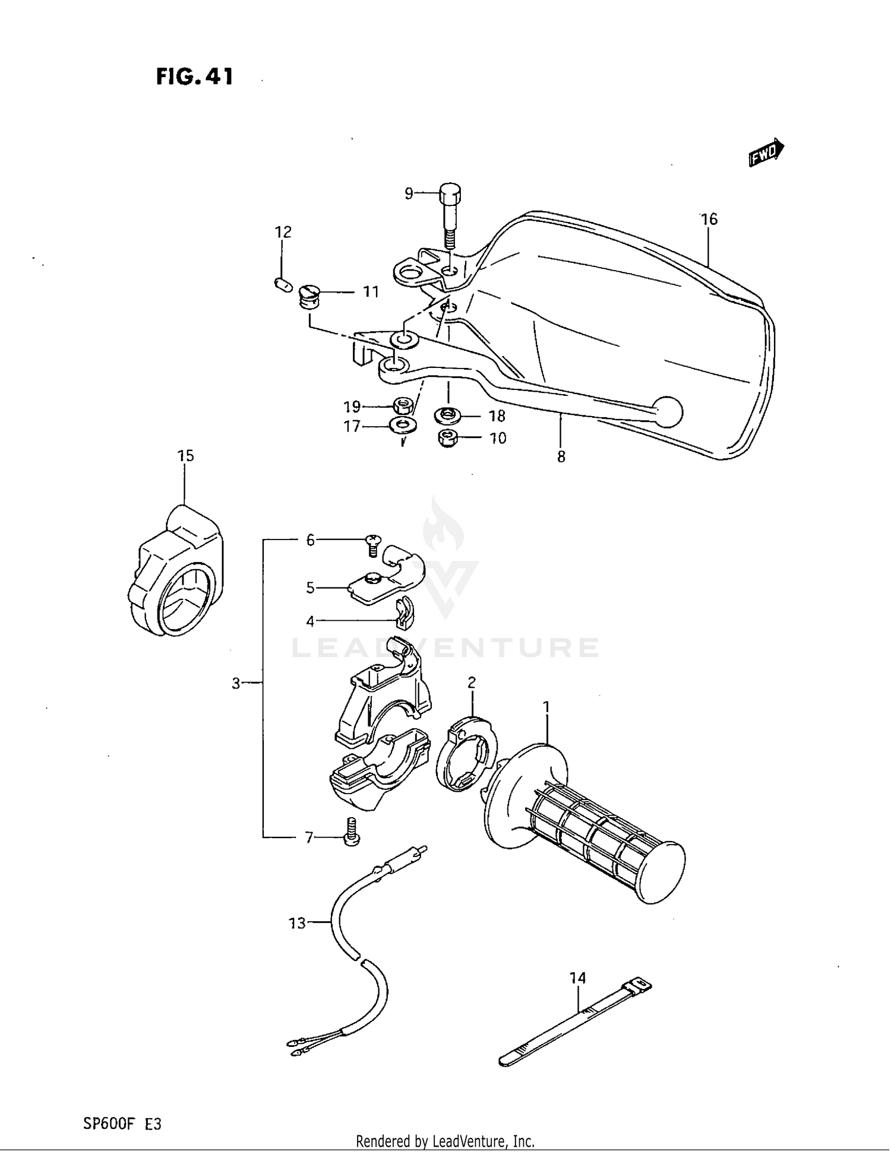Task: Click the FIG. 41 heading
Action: (194, 77)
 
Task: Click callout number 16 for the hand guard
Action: (709, 220)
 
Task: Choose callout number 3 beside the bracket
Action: (236, 684)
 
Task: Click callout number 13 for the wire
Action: (297, 923)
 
